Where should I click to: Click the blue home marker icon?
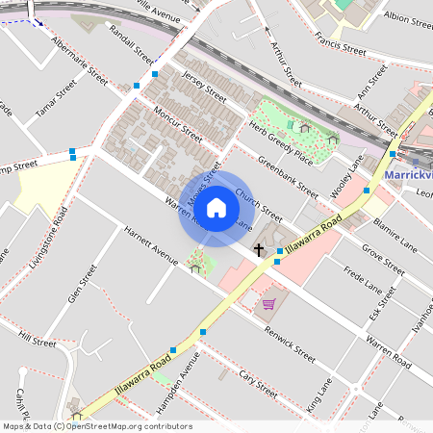[216, 208]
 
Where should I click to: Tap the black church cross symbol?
[258, 249]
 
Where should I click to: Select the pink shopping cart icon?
[268, 304]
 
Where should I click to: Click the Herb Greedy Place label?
[281, 145]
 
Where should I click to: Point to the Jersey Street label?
[203, 89]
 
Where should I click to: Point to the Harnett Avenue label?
[150, 245]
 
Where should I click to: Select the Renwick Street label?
[291, 349]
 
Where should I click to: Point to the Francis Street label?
[341, 44]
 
